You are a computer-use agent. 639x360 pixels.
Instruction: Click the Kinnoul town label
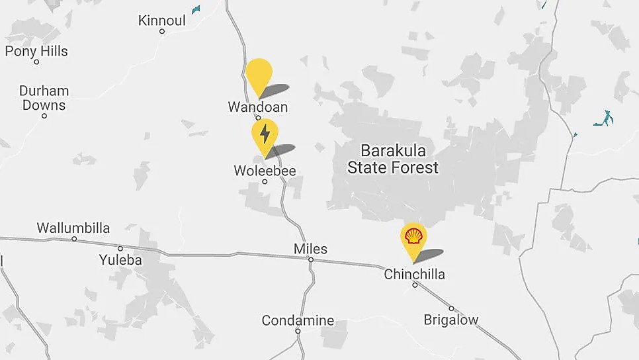161,21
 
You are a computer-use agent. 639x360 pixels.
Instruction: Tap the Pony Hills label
36,51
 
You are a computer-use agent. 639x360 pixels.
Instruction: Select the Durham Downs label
44,97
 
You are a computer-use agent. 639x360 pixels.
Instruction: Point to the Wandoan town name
258,107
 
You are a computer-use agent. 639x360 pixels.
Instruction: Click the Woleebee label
265,171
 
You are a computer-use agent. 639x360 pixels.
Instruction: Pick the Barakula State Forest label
393,158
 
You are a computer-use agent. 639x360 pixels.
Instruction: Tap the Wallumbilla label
73,228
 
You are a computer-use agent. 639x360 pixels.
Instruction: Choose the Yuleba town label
120,259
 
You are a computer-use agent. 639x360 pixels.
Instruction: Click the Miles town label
310,249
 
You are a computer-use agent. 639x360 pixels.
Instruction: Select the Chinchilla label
415,274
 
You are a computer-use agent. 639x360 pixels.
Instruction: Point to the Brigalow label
451,320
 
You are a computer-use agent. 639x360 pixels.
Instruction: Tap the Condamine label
298,320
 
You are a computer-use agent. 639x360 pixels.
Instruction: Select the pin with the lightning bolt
265,134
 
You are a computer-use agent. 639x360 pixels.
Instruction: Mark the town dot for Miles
310,259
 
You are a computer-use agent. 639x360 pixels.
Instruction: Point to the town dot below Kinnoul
162,31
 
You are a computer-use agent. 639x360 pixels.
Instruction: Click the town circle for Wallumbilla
74,239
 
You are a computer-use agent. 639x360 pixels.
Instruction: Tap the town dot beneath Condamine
298,331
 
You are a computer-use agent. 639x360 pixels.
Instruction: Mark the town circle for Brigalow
452,308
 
